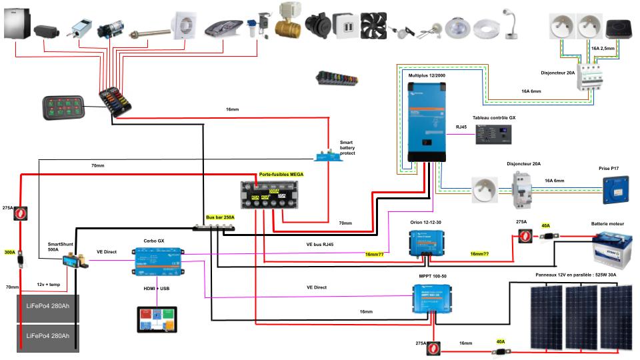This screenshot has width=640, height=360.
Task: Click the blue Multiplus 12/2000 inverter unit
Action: tap(426, 121)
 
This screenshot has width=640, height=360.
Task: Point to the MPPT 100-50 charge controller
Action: tap(436, 298)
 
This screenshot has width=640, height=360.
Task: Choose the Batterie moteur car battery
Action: tap(612, 249)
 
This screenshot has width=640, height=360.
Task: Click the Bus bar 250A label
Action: tap(219, 218)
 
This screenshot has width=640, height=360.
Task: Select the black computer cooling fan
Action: tap(374, 26)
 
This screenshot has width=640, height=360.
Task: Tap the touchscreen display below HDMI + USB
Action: tap(157, 320)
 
